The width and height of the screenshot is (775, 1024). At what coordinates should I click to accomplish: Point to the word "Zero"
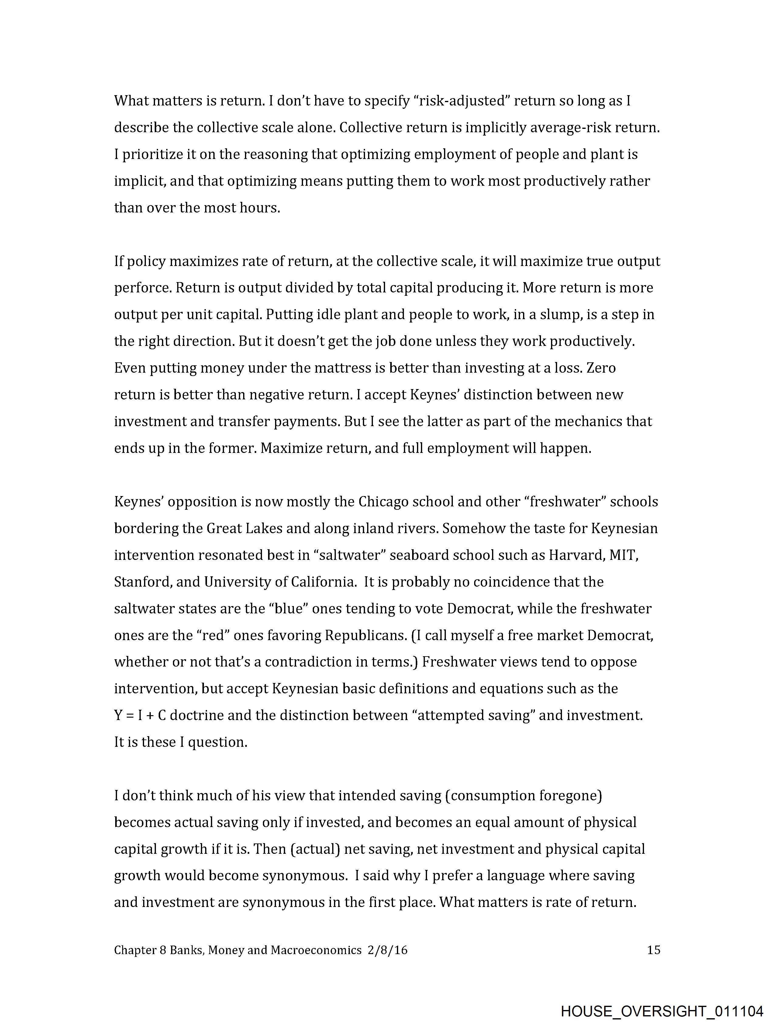601,368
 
